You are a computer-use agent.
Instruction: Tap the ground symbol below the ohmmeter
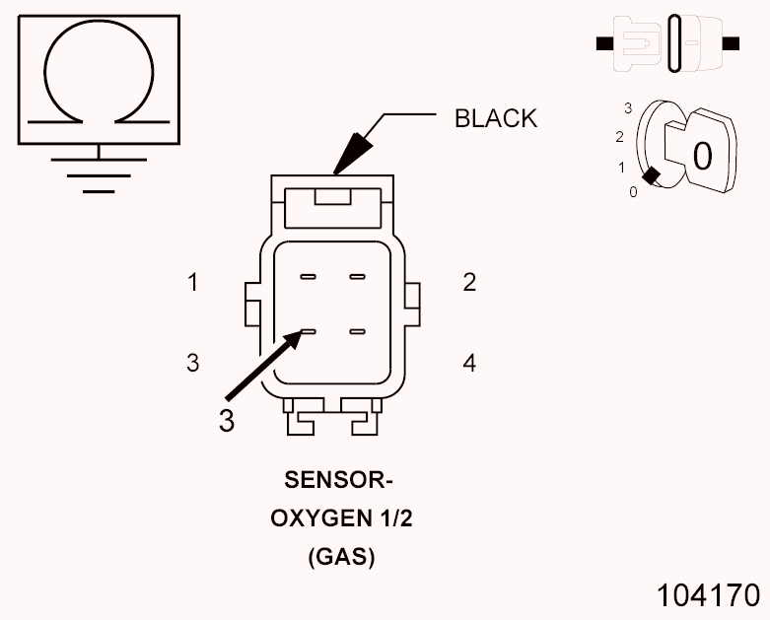(99, 170)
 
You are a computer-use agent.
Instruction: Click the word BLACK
(495, 119)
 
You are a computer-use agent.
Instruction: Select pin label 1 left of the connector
(193, 283)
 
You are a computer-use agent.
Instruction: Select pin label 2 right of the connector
(469, 283)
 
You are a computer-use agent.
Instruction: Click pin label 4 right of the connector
(469, 363)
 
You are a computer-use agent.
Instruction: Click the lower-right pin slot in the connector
(357, 332)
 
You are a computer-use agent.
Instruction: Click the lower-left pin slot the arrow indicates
(308, 332)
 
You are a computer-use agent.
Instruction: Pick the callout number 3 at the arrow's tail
(227, 420)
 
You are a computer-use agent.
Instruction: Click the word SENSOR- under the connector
(339, 482)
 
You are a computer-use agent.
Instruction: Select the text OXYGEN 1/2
(341, 519)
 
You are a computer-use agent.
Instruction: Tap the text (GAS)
(341, 557)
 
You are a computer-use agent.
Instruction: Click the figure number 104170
(710, 594)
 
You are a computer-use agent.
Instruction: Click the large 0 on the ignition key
(702, 156)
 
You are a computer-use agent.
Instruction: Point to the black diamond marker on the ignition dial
(651, 175)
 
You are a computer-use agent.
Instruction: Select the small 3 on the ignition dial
(627, 105)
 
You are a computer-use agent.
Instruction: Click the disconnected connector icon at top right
(668, 43)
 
